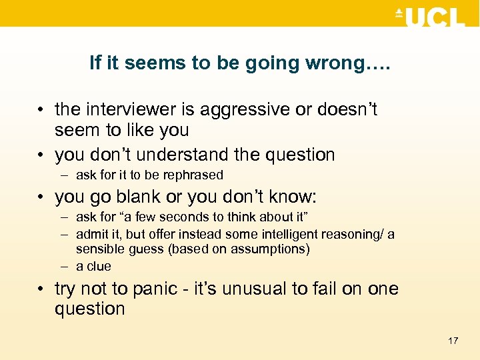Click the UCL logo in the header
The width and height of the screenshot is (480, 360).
[x=430, y=16]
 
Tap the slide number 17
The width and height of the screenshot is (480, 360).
[x=453, y=341]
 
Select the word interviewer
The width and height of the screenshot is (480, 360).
[x=127, y=109]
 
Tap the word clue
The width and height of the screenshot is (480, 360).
[x=98, y=266]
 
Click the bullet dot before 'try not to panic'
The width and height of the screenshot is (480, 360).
[x=41, y=289]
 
